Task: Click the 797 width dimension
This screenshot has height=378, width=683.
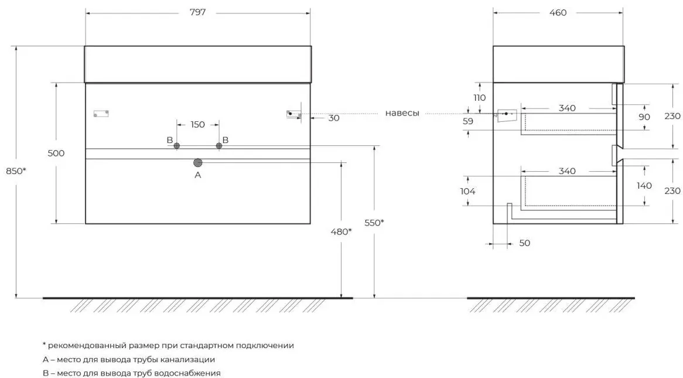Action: point(198,12)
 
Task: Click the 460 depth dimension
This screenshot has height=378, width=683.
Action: point(558,13)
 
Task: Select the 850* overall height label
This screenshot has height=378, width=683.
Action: point(16,171)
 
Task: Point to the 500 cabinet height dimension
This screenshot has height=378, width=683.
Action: point(56,153)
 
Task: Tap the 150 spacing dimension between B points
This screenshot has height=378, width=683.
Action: point(198,125)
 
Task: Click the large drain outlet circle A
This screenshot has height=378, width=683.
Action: point(198,162)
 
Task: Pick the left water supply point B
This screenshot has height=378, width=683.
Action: point(176,145)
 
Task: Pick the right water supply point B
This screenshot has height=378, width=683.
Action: point(219,145)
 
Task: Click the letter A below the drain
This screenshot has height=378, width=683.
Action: point(198,175)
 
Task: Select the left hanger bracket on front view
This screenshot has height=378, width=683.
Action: point(101,114)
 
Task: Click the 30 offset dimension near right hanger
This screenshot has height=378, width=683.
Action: point(334,118)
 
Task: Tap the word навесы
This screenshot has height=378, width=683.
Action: point(402,113)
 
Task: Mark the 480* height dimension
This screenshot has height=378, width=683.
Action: point(341,231)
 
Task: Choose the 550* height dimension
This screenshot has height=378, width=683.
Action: point(374,222)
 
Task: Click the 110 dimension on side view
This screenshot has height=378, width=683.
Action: point(480,98)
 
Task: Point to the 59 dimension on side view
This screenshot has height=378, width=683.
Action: point(468,121)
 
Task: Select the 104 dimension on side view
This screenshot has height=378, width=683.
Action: point(467,191)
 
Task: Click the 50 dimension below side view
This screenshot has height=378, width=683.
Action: point(525,243)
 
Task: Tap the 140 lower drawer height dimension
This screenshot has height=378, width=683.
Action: point(644,186)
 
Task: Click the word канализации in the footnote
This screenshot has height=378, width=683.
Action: point(188,360)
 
